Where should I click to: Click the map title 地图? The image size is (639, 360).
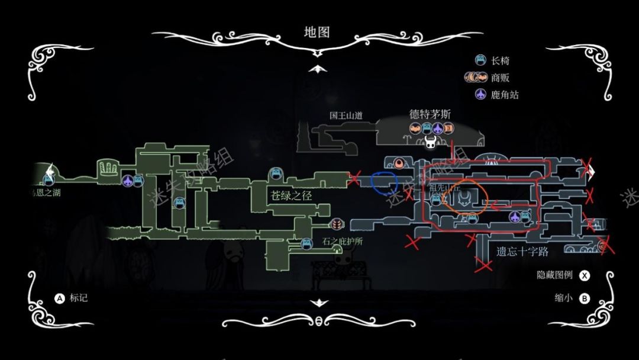click(317, 32)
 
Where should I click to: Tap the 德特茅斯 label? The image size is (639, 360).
click(430, 114)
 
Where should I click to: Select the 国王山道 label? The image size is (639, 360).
click(346, 115)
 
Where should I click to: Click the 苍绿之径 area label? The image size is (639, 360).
click(291, 195)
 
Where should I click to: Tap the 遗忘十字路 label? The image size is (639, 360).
click(522, 252)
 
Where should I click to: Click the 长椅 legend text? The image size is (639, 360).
click(501, 60)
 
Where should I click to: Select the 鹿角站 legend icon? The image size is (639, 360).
click(481, 94)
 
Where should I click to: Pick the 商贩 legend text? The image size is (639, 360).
click(501, 78)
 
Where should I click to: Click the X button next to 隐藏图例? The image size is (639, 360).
click(585, 275)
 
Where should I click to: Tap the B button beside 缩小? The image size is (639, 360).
click(585, 298)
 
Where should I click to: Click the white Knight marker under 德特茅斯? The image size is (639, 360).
click(431, 142)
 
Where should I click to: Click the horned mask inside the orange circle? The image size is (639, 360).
click(466, 198)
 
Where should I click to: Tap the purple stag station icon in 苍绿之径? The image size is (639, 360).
click(127, 180)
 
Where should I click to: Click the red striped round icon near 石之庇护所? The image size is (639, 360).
click(337, 224)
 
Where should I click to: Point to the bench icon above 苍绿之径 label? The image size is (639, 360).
click(275, 174)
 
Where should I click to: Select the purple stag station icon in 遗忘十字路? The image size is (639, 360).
click(515, 217)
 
